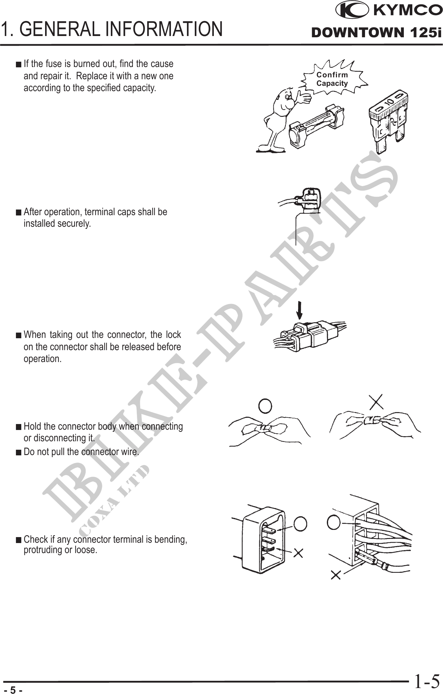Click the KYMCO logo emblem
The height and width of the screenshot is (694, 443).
(x=352, y=10)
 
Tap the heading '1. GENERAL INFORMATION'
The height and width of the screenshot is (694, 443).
(x=112, y=29)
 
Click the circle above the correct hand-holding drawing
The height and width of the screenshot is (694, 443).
(x=265, y=406)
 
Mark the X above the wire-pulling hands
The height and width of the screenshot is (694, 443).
(x=376, y=402)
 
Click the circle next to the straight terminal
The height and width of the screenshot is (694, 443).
(x=300, y=524)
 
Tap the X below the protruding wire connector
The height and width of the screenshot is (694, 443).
(x=336, y=574)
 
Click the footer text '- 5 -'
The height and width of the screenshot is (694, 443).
(x=13, y=690)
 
